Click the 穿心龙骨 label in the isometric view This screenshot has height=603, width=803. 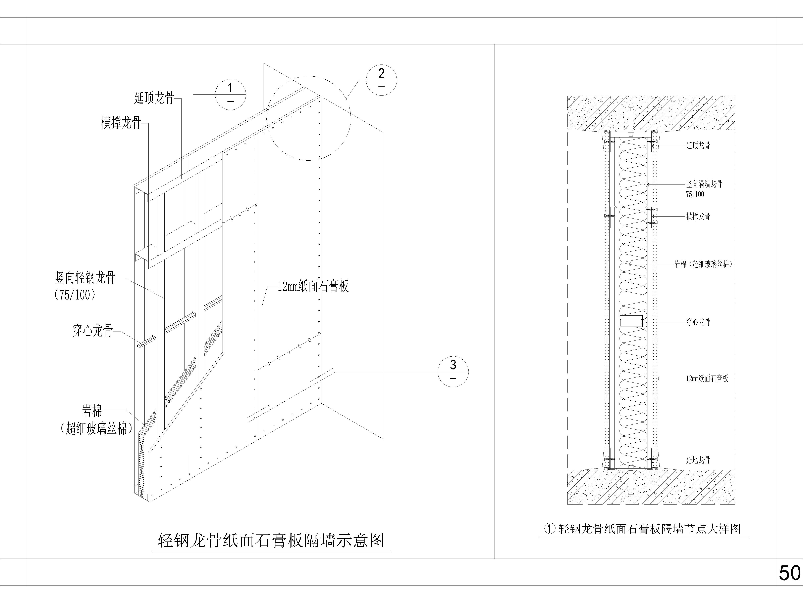(93, 331)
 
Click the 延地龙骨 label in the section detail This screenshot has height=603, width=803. (698, 460)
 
